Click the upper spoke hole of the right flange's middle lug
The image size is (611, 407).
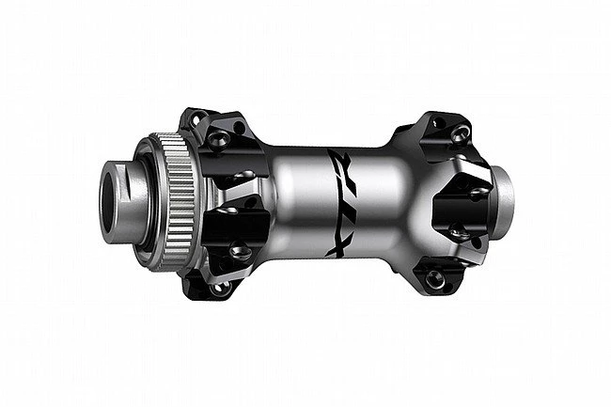(x=478, y=193)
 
